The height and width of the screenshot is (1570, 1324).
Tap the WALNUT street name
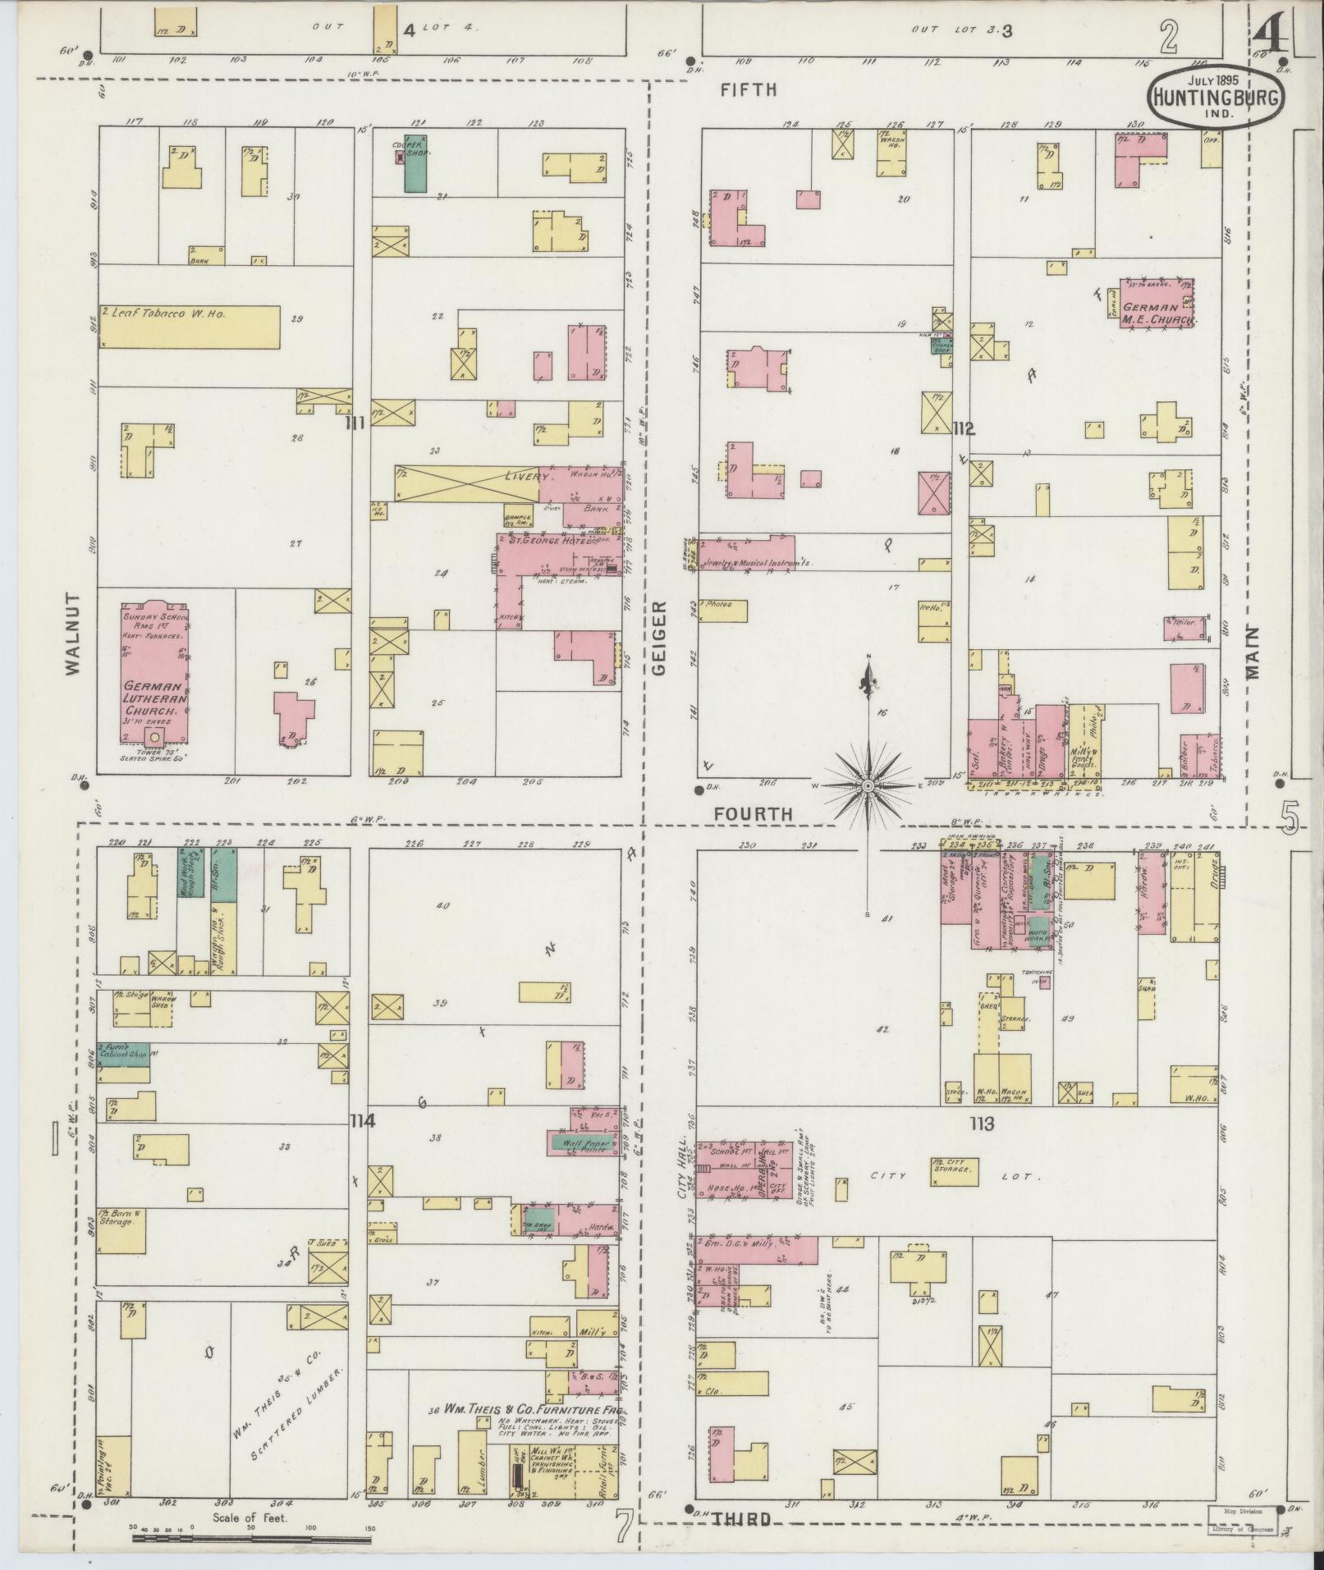(x=75, y=634)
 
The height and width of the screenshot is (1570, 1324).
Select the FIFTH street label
(x=748, y=90)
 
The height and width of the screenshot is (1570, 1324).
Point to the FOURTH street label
(x=753, y=813)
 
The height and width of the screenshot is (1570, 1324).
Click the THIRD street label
(x=740, y=1519)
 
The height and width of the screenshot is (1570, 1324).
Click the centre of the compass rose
(x=868, y=786)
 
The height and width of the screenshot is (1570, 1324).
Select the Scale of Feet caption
(x=250, y=1517)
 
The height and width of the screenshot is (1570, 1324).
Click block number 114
(x=361, y=1120)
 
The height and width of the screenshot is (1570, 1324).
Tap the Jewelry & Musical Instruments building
(x=747, y=564)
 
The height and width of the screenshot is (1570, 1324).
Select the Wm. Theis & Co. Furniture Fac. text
(x=533, y=1410)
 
